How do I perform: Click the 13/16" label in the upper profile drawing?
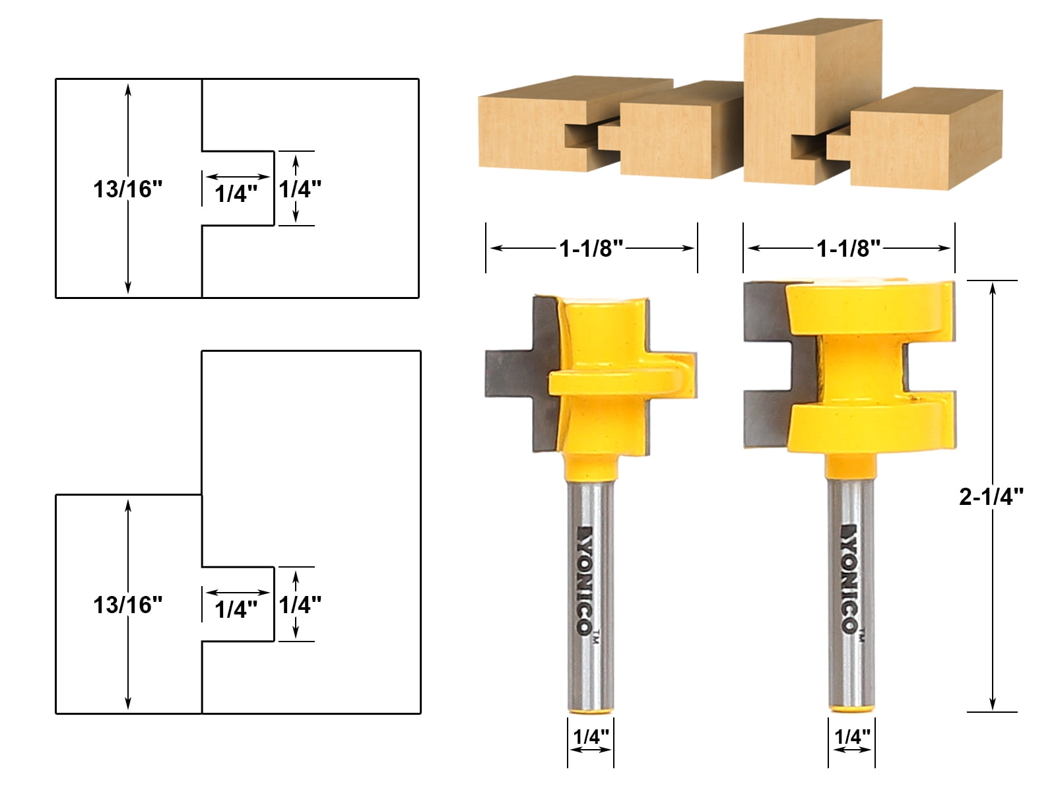pyautogui.click(x=127, y=189)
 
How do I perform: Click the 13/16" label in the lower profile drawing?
pyautogui.click(x=127, y=605)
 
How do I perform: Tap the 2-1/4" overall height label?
pyautogui.click(x=991, y=497)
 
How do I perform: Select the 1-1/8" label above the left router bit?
pyautogui.click(x=591, y=249)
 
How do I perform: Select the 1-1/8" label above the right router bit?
pyautogui.click(x=849, y=249)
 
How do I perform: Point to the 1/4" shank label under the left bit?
pyautogui.click(x=591, y=737)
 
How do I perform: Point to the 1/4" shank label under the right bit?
pyautogui.click(x=852, y=737)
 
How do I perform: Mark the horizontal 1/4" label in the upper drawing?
pyautogui.click(x=236, y=193)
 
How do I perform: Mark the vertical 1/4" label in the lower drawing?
pyautogui.click(x=300, y=605)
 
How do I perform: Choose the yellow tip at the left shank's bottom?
pyautogui.click(x=591, y=711)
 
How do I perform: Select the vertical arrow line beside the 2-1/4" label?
pyautogui.click(x=992, y=594)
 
